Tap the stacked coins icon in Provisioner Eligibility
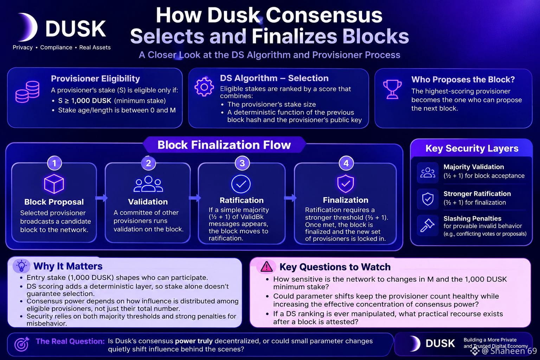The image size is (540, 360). pos(27,92)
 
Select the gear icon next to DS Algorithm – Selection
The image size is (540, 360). pos(204,87)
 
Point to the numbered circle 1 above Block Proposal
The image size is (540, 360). pos(54,163)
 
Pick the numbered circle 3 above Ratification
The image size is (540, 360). pos(242,163)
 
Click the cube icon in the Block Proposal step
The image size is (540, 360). pos(54,184)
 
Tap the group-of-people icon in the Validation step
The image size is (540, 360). pos(148,184)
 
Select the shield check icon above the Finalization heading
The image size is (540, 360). pos(346,184)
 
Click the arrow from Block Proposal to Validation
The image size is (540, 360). pos(102,198)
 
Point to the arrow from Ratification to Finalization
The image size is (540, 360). pos(290,198)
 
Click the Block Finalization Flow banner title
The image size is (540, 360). pos(224,145)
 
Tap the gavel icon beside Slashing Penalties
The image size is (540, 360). pos(427,225)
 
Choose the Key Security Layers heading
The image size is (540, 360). pos(472,148)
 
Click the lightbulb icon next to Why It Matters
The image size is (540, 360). pos(21,266)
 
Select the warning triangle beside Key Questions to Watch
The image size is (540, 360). pos(266,267)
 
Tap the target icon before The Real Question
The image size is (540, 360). pos(22,344)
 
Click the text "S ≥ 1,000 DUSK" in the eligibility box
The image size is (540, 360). pos(85,101)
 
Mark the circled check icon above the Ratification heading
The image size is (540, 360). pos(241,184)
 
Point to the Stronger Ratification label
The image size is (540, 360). pos(477,194)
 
